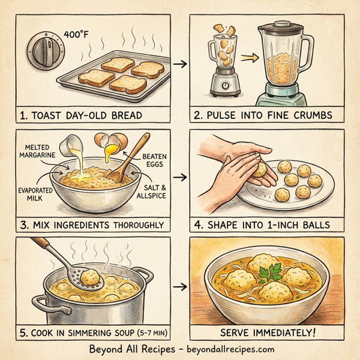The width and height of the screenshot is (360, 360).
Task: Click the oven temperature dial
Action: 46,49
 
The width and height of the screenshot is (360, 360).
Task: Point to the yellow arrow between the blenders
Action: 247,58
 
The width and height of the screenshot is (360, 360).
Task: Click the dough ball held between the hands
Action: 260,170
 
